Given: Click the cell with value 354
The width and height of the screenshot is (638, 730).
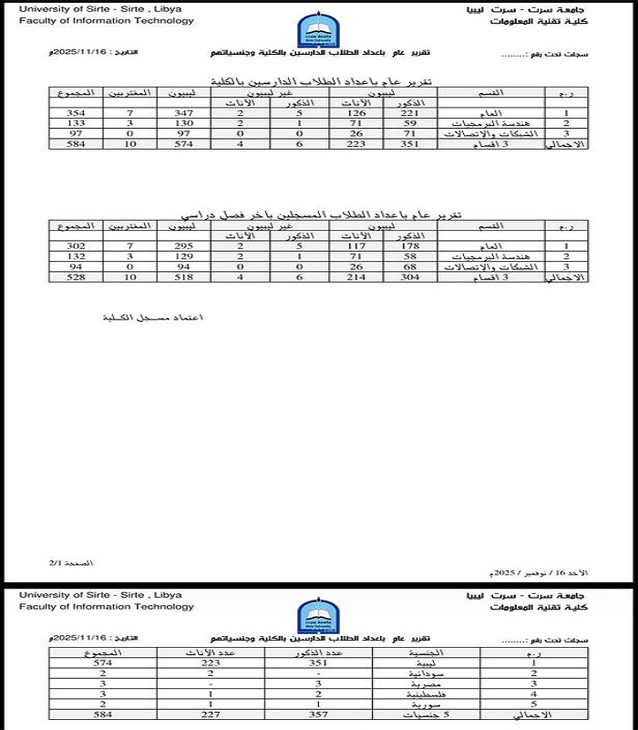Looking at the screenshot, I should coord(76,112).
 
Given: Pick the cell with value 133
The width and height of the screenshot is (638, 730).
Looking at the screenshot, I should coord(76,122).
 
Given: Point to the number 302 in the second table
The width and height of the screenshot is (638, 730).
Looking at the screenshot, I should coord(76,245).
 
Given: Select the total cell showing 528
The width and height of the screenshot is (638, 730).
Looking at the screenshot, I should coord(76,276).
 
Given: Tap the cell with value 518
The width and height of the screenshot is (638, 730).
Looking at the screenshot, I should coord(185,276).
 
